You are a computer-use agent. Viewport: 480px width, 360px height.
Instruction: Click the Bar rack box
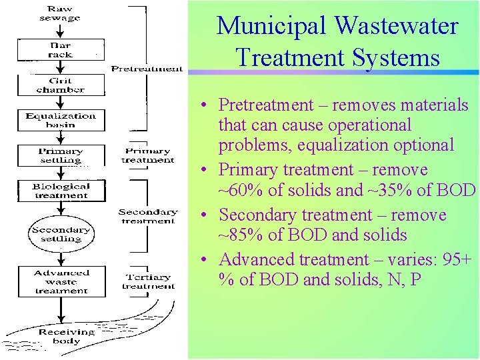(x=60, y=50)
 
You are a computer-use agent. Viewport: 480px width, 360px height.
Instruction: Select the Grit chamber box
(x=60, y=85)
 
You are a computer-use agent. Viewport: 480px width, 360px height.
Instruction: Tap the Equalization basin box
(x=60, y=121)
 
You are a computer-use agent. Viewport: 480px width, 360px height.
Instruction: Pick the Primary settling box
(x=60, y=156)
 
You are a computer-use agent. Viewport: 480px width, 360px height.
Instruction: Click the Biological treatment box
(x=60, y=191)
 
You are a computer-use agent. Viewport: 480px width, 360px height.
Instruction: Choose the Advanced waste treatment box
(x=61, y=281)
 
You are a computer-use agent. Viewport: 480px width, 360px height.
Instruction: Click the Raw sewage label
(x=60, y=13)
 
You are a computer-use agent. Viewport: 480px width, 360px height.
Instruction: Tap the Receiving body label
(x=67, y=336)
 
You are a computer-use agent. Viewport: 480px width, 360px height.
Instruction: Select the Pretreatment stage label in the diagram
(x=147, y=69)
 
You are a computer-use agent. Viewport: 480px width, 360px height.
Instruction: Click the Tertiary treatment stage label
(x=148, y=281)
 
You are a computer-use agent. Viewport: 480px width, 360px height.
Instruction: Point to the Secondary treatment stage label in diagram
(x=148, y=216)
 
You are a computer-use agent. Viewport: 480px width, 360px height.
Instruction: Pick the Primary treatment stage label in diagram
(x=148, y=155)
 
